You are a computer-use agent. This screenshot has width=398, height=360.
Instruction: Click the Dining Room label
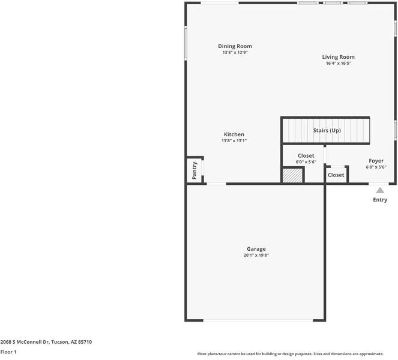pos(235,46)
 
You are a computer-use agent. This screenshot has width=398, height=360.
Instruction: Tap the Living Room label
pos(338,57)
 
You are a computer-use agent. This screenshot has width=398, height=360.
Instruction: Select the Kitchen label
pos(234,134)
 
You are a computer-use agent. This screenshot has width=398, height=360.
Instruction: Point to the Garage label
pos(256,249)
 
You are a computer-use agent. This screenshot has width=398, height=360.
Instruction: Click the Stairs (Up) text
pos(327,130)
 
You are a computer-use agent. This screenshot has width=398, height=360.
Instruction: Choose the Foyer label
pos(376,161)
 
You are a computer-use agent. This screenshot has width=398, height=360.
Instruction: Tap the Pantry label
pos(194,170)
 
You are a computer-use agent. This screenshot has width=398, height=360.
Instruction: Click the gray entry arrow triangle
pos(380,190)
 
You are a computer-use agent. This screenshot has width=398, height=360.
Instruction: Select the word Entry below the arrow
pos(380,200)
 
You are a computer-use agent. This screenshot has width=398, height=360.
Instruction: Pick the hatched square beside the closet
pos(293,175)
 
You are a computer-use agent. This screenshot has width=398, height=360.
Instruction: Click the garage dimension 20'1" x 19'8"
pos(256,256)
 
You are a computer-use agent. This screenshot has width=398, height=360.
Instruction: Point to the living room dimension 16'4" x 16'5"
pos(338,64)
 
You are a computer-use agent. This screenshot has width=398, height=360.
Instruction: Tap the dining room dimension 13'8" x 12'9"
pos(235,53)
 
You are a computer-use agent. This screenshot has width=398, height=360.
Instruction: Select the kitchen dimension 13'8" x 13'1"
pos(234,141)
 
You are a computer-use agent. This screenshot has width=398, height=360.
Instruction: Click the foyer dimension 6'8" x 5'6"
pos(376,167)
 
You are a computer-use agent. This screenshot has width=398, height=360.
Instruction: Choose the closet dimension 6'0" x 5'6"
pos(306,162)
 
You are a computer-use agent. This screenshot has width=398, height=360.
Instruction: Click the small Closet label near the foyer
pos(336,175)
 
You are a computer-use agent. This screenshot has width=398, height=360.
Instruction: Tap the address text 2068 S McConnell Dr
pos(46,342)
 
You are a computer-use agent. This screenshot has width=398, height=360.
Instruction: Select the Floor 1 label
pos(8,352)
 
